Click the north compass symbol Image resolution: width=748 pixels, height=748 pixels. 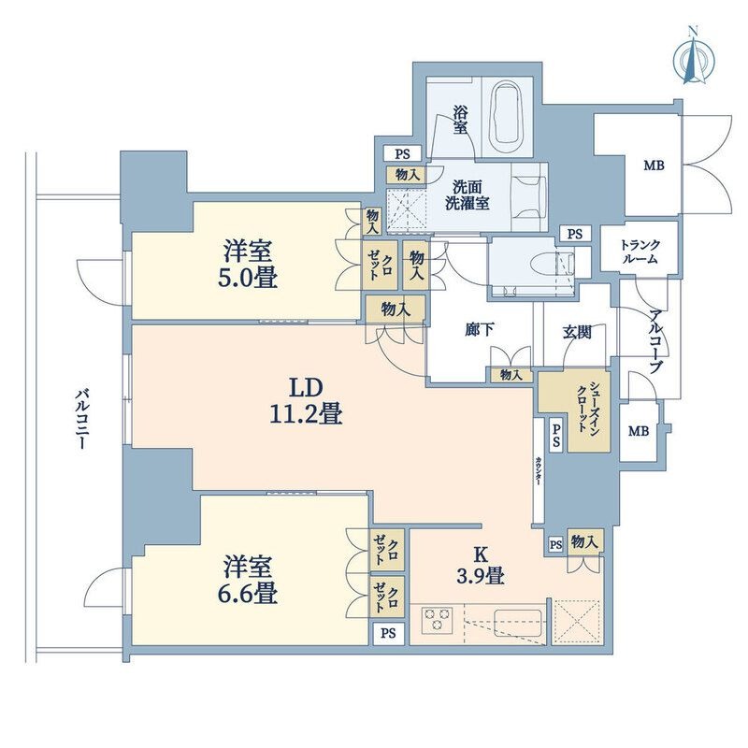click(694, 58)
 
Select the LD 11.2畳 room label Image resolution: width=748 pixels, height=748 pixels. click(307, 401)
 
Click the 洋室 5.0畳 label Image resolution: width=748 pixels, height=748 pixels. click(248, 265)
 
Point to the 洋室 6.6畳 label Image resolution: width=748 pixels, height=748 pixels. click(248, 580)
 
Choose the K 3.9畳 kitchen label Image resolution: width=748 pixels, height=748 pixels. click(481, 567)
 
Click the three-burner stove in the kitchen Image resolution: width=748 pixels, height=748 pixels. click(437, 620)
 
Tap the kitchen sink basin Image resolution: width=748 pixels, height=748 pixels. click(518, 622)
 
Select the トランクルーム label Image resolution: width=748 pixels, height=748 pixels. click(640, 252)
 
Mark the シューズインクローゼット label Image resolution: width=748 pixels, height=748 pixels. click(588, 407)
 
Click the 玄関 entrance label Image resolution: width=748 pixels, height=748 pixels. click(577, 332)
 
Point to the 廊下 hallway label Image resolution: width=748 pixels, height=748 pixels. click(480, 330)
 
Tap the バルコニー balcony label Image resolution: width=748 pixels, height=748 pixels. click(82, 419)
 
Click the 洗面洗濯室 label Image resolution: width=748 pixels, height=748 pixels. click(467, 194)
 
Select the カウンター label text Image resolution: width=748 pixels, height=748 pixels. click(539, 471)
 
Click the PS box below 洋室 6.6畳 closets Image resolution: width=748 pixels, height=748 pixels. click(388, 634)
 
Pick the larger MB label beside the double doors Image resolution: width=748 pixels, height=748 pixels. click(654, 165)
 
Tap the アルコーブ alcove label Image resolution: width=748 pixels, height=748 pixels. click(657, 341)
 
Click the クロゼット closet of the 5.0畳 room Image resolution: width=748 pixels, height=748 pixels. click(380, 266)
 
